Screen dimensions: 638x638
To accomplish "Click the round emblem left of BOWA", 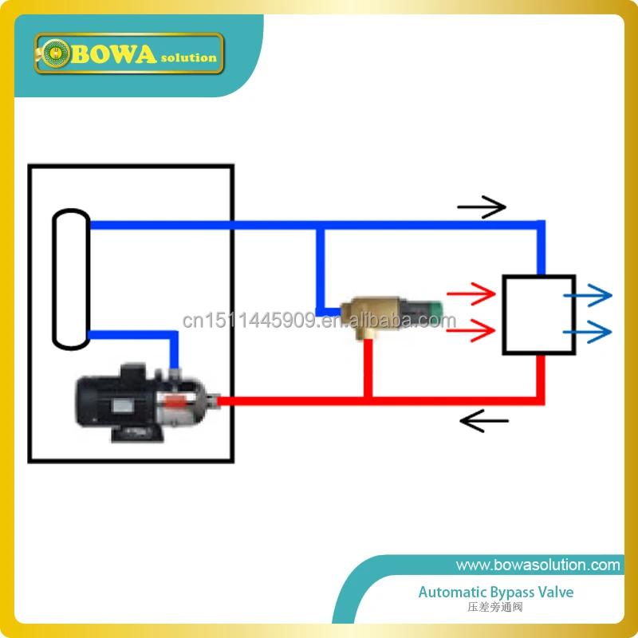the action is (56, 54).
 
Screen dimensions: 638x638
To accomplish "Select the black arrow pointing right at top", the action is (482, 207).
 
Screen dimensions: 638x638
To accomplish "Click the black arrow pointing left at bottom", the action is (484, 420).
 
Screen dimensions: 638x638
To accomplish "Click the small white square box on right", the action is (539, 315).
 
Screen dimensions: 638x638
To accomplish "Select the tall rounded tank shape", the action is (71, 279).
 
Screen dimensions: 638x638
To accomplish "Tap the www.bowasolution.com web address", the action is (538, 565).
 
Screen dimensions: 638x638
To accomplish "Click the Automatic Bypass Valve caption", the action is (496, 593).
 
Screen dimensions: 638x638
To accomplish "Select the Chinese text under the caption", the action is (495, 608).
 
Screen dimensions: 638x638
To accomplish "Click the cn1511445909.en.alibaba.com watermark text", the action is (319, 321).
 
